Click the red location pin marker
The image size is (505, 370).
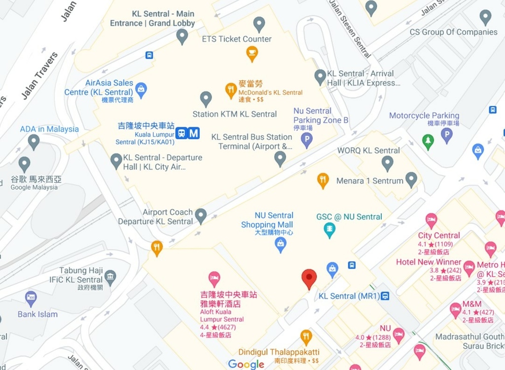[x=309, y=278]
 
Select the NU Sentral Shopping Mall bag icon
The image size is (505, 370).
[x=281, y=244]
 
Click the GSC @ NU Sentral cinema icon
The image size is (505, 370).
[x=329, y=229]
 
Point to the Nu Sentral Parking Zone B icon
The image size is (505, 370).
[x=307, y=141]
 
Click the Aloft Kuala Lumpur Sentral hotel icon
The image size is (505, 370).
[x=214, y=279]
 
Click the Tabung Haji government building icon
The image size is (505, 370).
[x=110, y=277]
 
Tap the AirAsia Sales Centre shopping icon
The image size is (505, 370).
[x=141, y=90]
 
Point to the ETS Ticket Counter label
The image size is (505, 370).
[x=237, y=39]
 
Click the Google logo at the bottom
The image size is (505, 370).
[x=246, y=364]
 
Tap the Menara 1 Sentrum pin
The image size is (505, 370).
[x=411, y=180]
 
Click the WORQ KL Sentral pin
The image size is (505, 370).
[x=388, y=163]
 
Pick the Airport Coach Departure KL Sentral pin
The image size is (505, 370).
[x=201, y=216]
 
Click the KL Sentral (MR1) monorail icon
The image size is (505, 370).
[x=386, y=296]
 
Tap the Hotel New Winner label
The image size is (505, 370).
[x=429, y=262]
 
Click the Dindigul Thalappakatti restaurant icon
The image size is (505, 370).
[x=306, y=337]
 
